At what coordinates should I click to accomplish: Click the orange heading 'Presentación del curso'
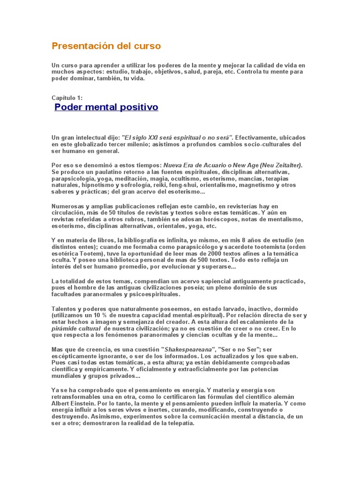click(x=106, y=46)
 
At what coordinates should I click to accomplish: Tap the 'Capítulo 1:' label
click(x=67, y=97)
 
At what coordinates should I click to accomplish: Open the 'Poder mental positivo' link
click(x=106, y=107)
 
